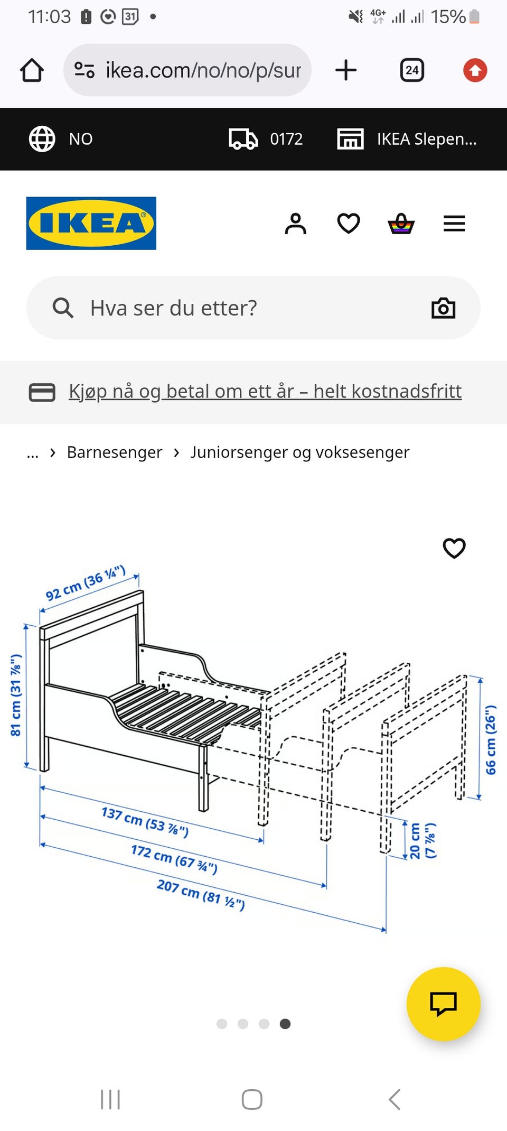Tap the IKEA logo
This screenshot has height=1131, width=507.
point(91,223)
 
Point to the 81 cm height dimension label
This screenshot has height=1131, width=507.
point(16,695)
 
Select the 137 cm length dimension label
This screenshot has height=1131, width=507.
point(145,821)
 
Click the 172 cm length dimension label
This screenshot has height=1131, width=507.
point(174,859)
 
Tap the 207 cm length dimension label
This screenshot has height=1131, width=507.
point(201,894)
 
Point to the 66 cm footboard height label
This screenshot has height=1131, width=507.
point(491,740)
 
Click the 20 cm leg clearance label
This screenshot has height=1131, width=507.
point(422,840)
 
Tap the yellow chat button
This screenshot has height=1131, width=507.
point(443,1004)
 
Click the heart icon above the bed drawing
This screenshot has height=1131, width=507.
point(454,548)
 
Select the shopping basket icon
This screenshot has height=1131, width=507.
point(401,224)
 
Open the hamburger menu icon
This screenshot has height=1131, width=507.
point(454,224)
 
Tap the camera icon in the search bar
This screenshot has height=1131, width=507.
point(443,308)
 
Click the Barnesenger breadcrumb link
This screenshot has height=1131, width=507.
point(115,452)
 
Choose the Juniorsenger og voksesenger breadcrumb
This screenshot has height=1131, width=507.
point(299,452)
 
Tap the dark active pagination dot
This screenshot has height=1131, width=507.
point(285,1024)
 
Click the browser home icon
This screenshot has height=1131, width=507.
point(32,70)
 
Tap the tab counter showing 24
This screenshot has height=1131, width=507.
point(412,70)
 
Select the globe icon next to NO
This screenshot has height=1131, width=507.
point(42,139)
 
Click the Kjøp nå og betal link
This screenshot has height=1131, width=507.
point(265,392)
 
